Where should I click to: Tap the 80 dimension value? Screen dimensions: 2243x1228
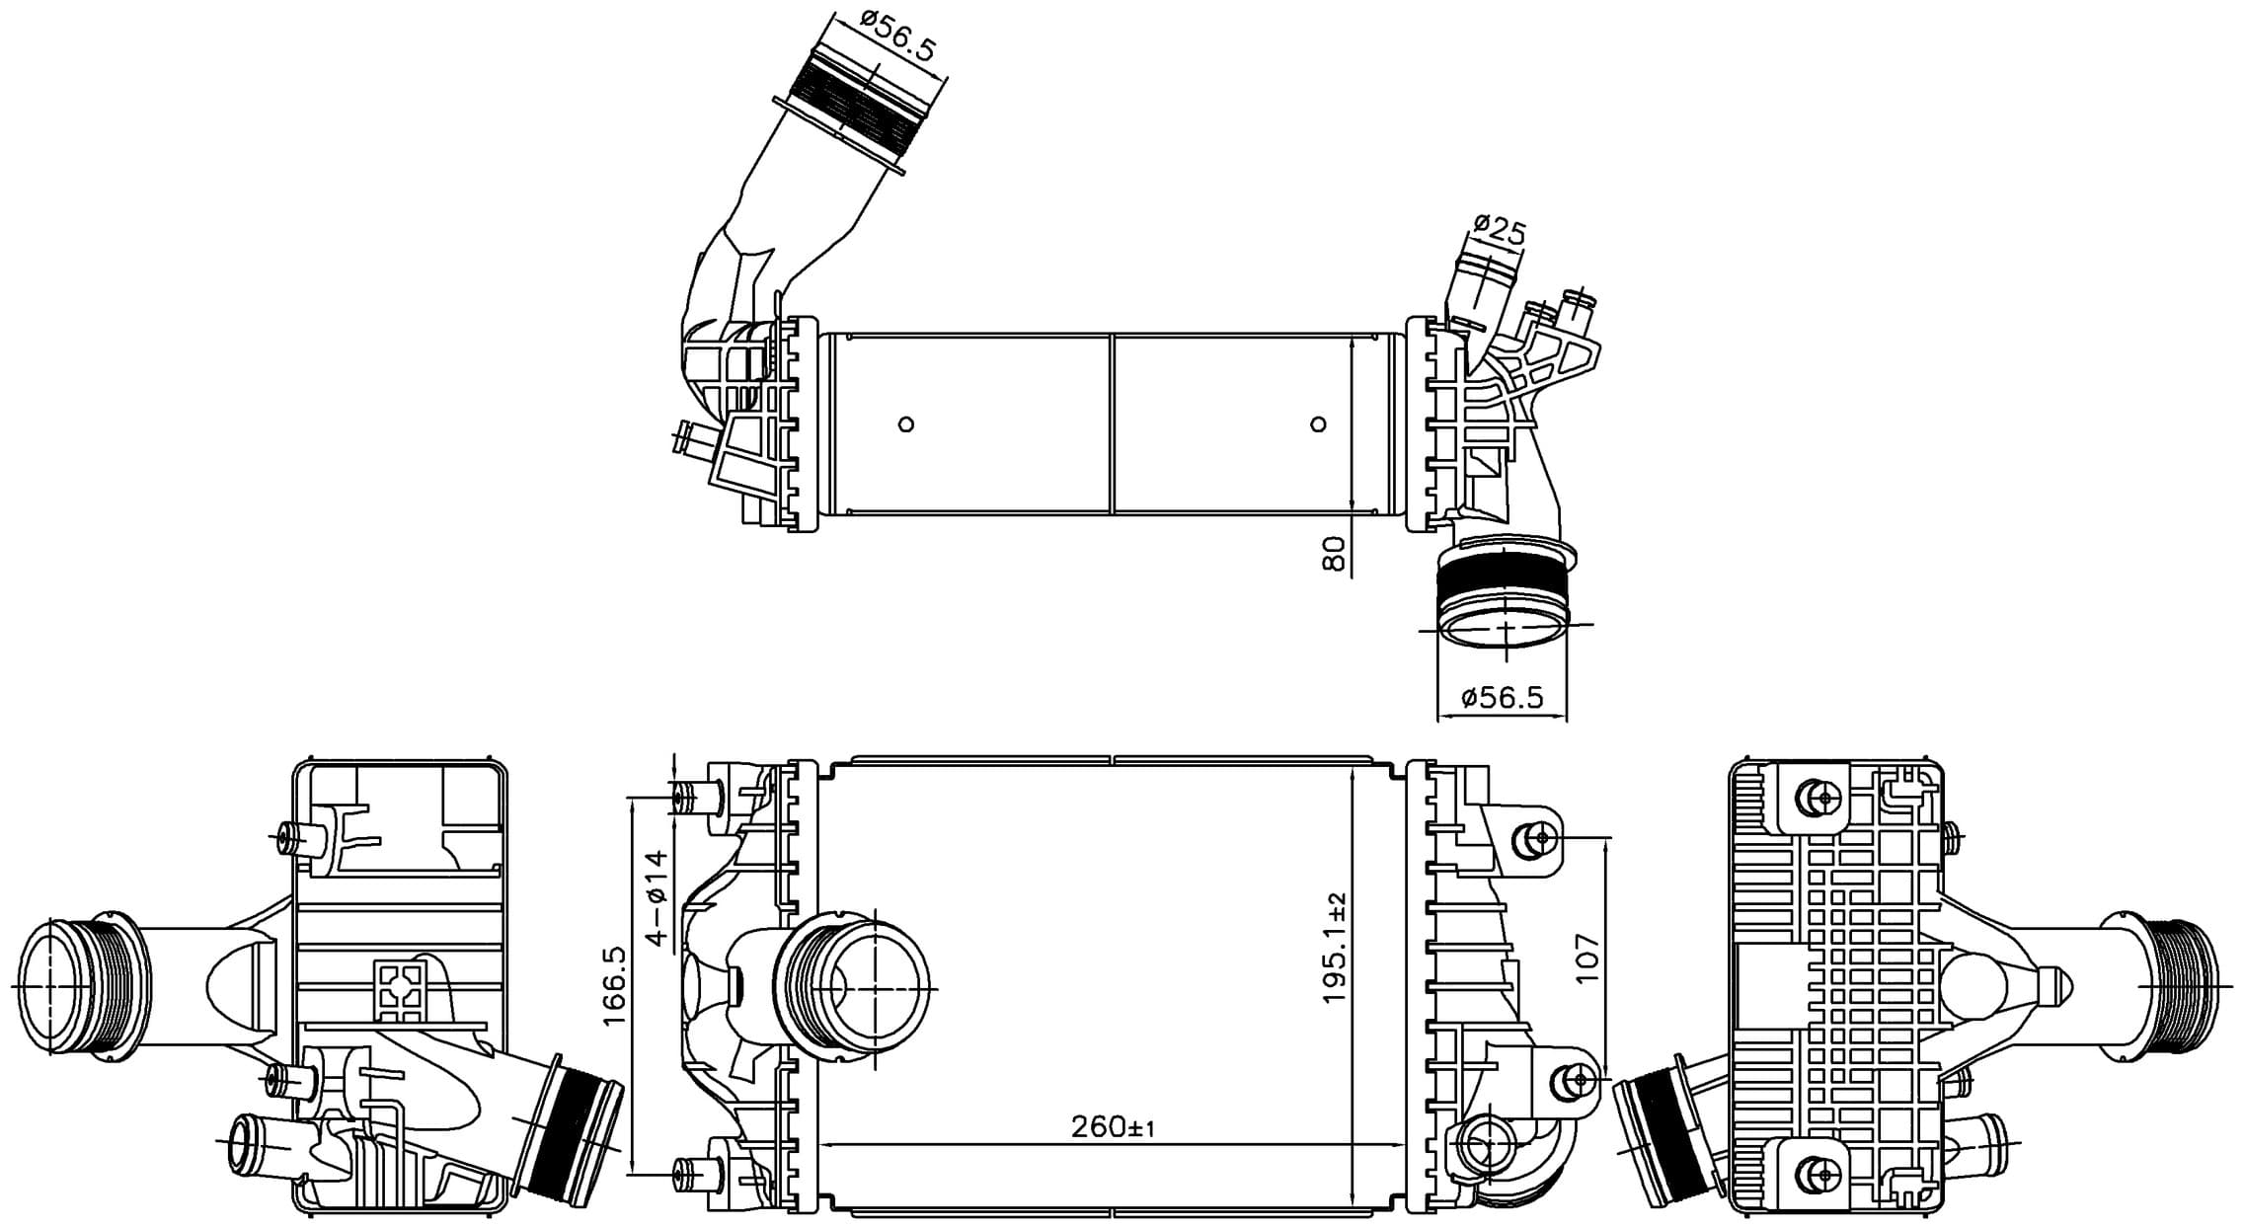(x=1334, y=553)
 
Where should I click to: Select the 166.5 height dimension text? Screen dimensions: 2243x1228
(x=615, y=984)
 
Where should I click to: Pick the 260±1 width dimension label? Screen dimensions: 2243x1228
(x=1114, y=1125)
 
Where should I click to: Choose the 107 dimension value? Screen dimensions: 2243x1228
(x=1586, y=958)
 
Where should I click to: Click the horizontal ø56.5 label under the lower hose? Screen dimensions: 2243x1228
(x=1502, y=698)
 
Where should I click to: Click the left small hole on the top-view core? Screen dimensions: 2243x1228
(x=906, y=424)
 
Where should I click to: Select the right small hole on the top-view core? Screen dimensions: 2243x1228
(x=1318, y=424)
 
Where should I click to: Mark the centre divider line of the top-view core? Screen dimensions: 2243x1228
(x=1113, y=424)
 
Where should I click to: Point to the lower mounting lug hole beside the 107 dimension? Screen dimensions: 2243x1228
(x=1578, y=1080)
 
